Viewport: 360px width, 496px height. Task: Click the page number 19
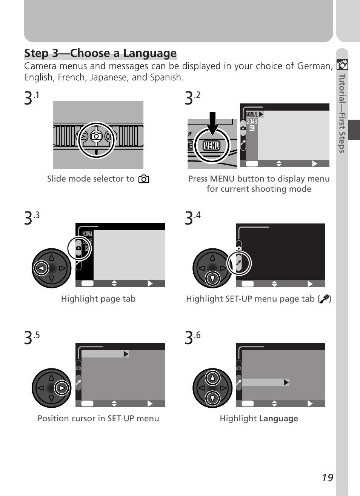[328, 478]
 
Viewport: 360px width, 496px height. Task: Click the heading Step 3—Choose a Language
[100, 53]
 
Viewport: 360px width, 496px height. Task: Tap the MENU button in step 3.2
[211, 146]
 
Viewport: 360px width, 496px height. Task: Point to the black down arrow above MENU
[212, 123]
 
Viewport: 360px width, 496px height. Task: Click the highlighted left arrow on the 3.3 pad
[41, 268]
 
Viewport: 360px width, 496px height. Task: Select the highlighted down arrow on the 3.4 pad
[212, 279]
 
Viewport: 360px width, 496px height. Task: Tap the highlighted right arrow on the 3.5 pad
[62, 388]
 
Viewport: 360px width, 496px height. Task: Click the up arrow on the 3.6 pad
[212, 377]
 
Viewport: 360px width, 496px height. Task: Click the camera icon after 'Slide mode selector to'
[144, 179]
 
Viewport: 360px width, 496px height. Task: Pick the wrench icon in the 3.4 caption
[324, 299]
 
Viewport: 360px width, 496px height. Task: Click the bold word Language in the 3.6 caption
[278, 419]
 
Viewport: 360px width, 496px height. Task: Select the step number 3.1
[31, 98]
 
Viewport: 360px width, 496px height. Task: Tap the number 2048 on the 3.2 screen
[252, 122]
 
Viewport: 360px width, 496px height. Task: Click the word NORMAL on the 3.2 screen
[252, 114]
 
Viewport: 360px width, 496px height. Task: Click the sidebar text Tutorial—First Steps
[342, 113]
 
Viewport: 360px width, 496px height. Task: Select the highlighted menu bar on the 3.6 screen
[265, 382]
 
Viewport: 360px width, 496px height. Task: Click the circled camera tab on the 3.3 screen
[78, 248]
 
